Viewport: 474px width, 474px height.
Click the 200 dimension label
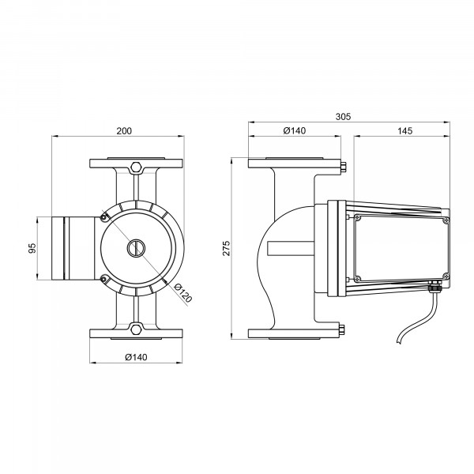(x=124, y=131)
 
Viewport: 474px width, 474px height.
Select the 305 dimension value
(x=343, y=117)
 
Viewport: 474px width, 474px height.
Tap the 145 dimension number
(x=404, y=131)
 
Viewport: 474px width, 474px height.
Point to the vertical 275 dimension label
(x=227, y=248)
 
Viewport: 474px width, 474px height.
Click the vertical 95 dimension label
(x=32, y=248)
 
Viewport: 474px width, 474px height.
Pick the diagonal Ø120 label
(x=183, y=293)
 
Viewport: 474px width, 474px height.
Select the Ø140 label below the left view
(x=136, y=357)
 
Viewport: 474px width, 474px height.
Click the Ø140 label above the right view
(x=295, y=130)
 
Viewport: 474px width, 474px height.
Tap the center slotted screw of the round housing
(x=136, y=248)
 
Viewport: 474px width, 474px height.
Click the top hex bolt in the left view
(x=136, y=167)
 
